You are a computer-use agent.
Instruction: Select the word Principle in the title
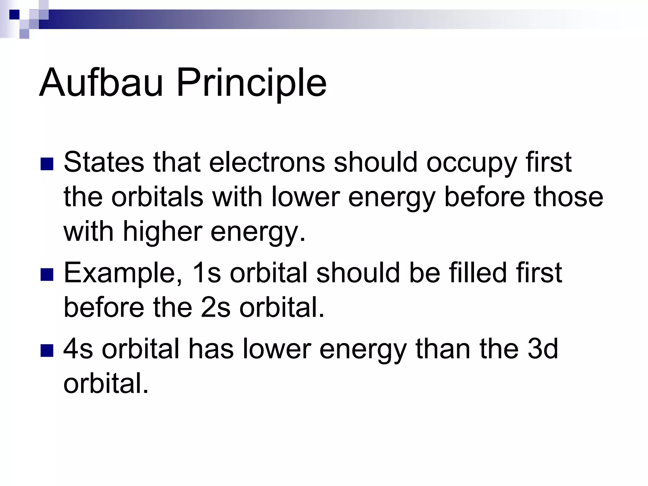point(251,83)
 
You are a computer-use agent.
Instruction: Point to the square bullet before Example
point(47,275)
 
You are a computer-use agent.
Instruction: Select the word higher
point(162,232)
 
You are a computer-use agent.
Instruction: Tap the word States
point(104,162)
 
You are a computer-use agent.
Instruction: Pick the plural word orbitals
point(157,197)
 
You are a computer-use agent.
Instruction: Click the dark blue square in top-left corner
point(14,15)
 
